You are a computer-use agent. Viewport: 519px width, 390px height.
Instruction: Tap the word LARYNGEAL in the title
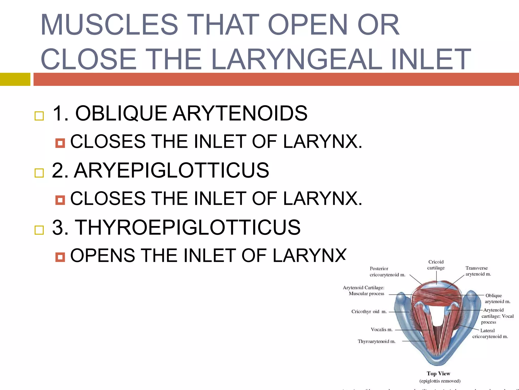point(296,59)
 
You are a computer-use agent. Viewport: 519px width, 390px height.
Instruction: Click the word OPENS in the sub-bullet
point(102,255)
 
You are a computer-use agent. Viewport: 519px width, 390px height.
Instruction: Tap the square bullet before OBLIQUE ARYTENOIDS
point(39,116)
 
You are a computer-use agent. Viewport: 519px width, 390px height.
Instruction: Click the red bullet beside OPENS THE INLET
point(60,257)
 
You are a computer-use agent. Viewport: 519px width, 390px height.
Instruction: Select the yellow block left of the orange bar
point(15,79)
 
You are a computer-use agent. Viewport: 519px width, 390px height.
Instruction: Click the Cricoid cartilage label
point(436,265)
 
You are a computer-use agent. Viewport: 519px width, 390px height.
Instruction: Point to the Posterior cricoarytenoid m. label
point(387,272)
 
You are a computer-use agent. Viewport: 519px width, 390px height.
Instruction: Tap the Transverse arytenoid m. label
point(478,271)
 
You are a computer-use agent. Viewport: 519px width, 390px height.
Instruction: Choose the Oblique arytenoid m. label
point(497,299)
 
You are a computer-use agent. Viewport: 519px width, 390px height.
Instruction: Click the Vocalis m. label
point(381,330)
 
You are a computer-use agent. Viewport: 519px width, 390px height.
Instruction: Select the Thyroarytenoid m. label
point(376,342)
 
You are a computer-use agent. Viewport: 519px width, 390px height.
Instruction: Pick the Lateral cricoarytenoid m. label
point(490,334)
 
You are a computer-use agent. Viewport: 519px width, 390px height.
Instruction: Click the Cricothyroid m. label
point(369,312)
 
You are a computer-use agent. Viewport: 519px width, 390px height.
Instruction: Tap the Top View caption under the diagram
point(438,373)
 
